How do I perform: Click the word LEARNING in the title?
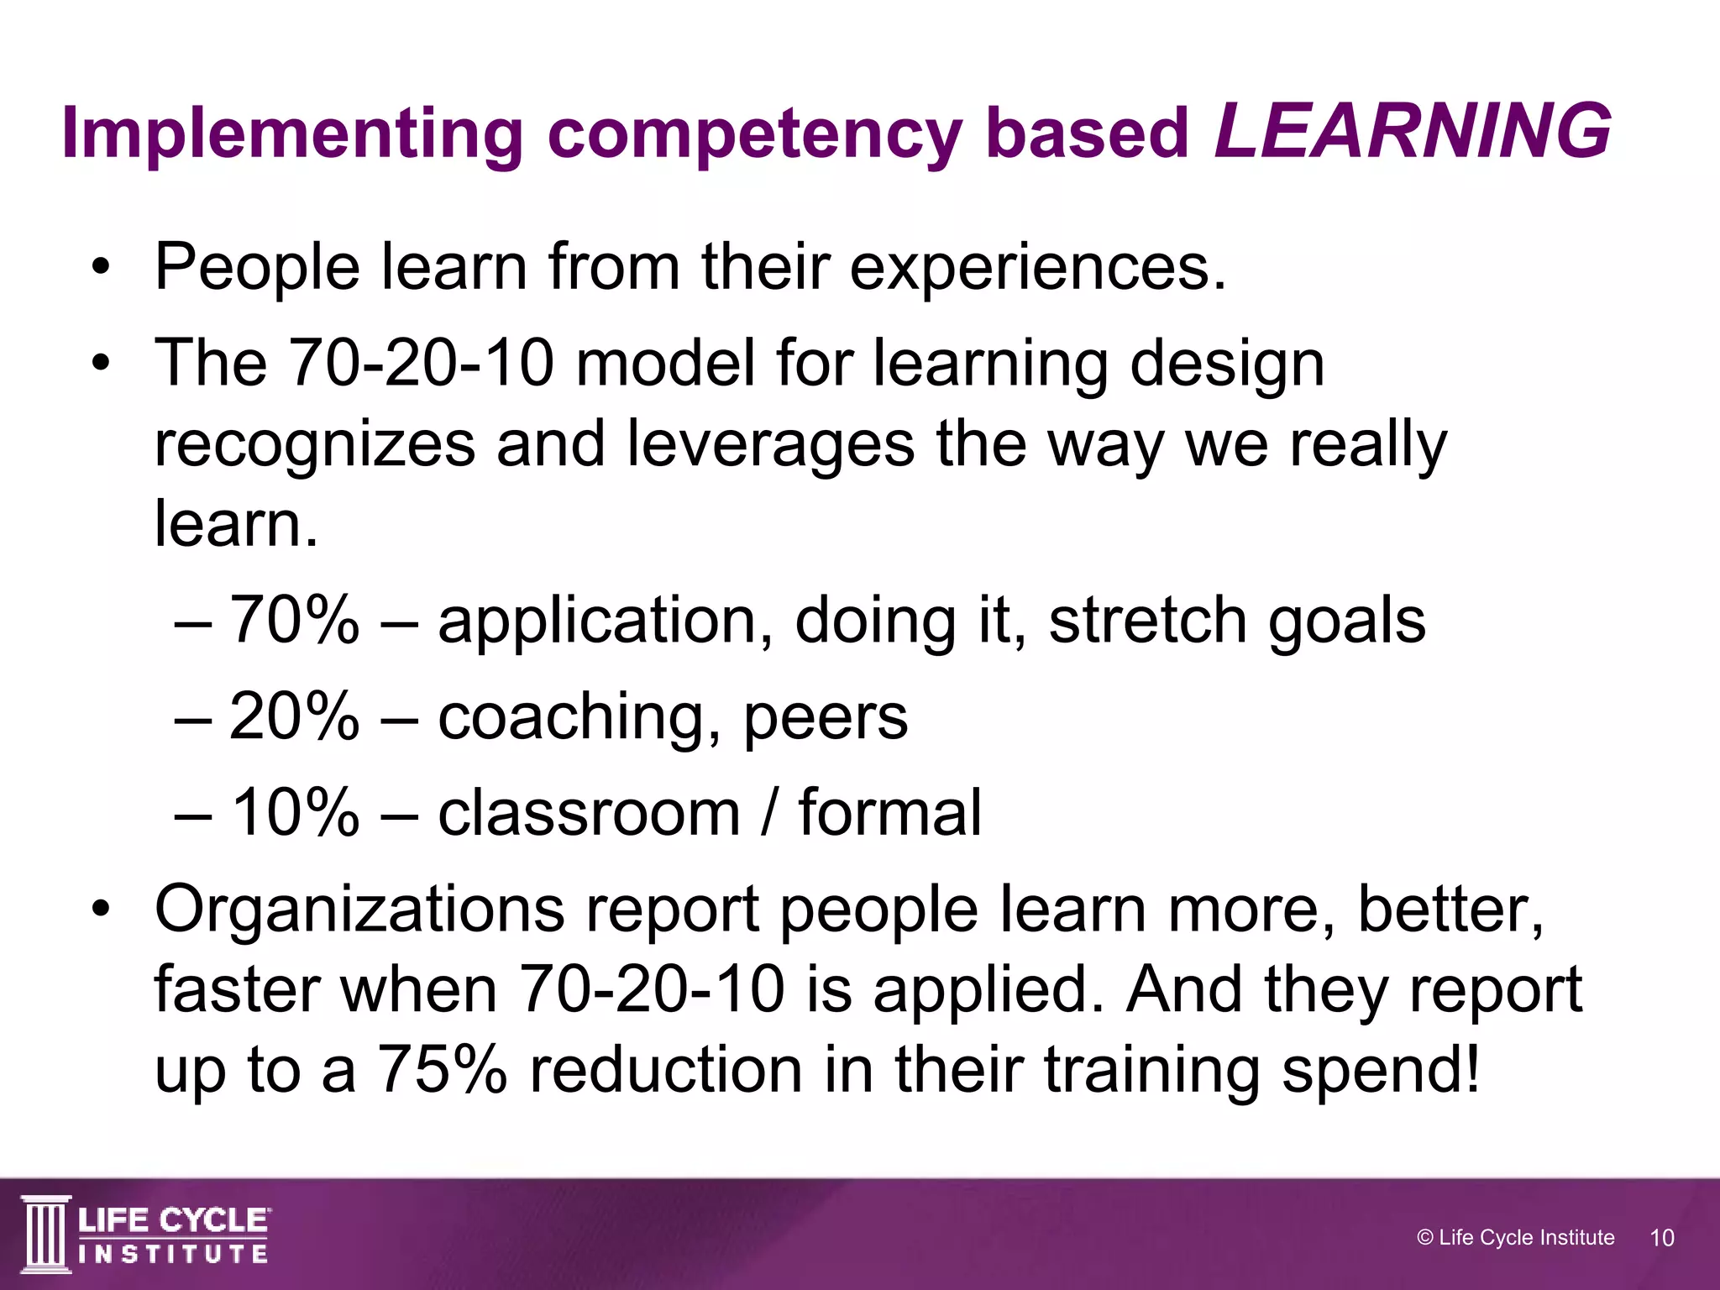(x=1413, y=133)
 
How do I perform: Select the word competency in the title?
(x=754, y=134)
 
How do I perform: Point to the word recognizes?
(x=315, y=445)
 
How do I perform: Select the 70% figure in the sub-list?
(x=294, y=621)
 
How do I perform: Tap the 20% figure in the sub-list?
(x=294, y=717)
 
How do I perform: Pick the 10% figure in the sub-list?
(x=294, y=813)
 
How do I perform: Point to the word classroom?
(x=589, y=813)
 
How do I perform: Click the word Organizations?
(x=359, y=910)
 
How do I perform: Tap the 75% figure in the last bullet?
(x=442, y=1071)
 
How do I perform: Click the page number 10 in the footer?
(x=1662, y=1238)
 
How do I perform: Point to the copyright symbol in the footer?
(x=1424, y=1238)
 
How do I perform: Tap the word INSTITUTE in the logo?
(x=173, y=1254)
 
